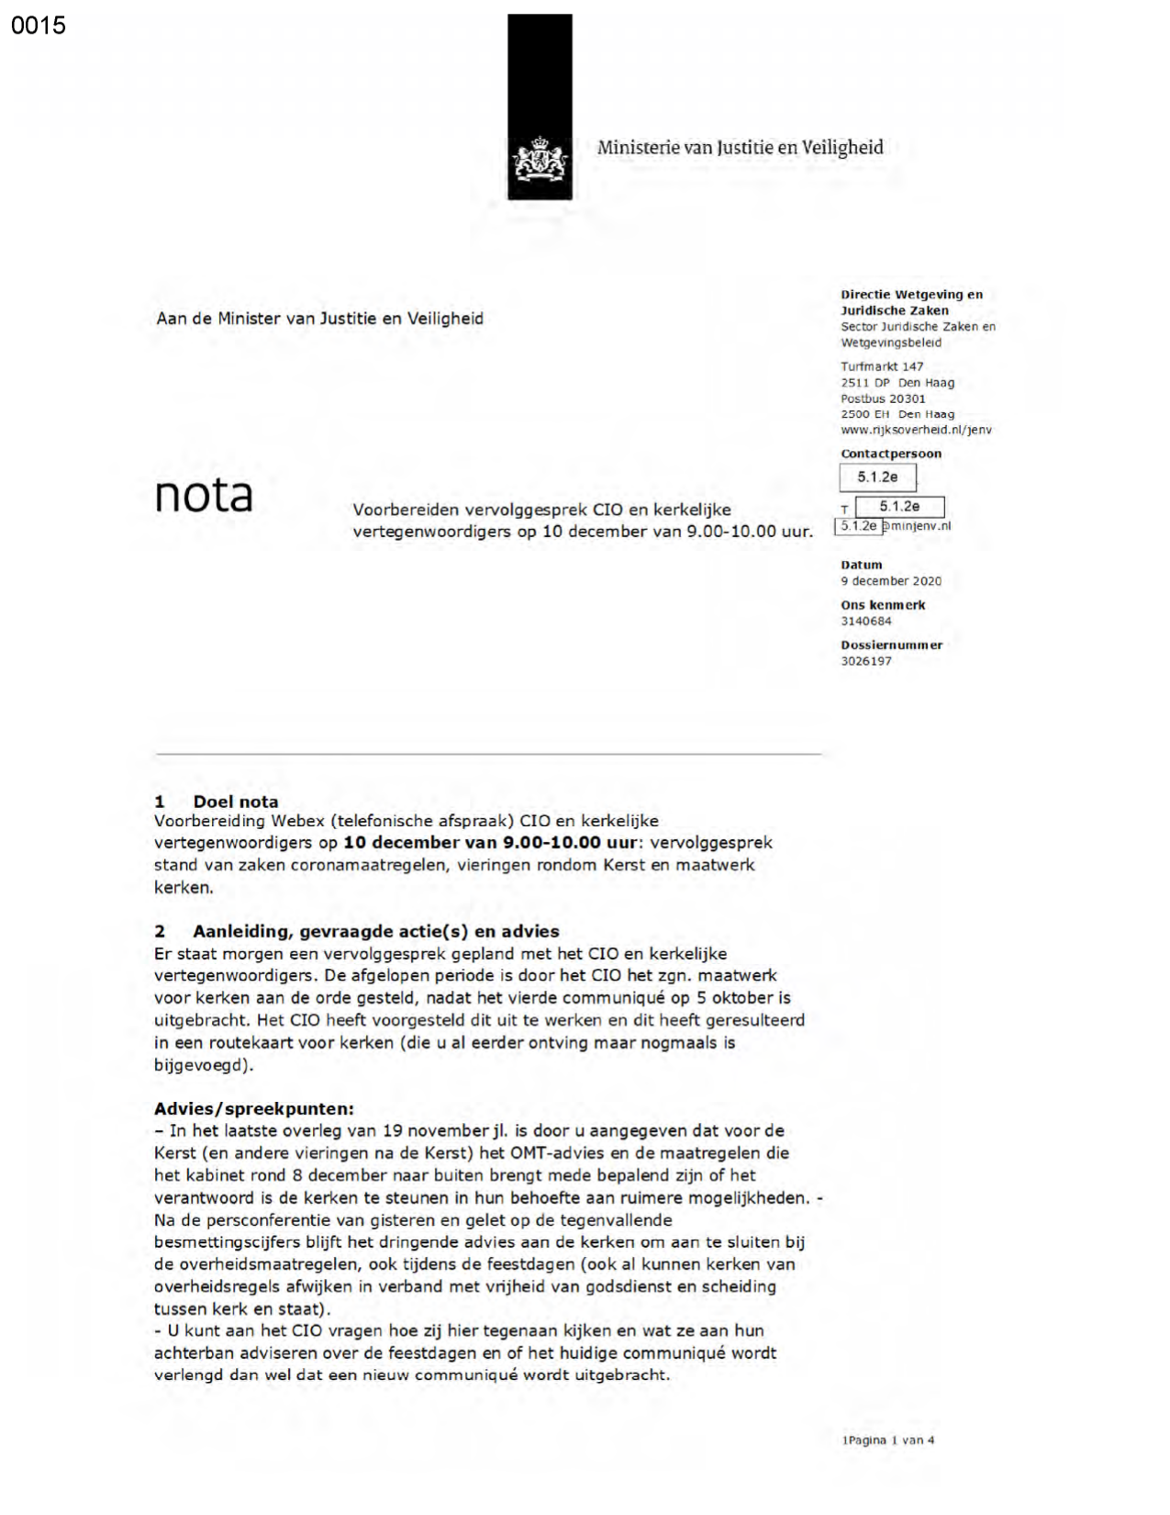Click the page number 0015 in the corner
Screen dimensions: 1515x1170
point(39,26)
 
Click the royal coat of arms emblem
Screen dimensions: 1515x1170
point(540,161)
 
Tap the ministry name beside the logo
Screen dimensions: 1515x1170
point(740,148)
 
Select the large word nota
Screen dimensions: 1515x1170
point(204,495)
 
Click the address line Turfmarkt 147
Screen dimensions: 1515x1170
point(882,366)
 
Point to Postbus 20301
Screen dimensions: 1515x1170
point(883,398)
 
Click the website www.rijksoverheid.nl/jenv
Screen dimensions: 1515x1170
point(916,430)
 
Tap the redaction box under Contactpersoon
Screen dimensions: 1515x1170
point(877,477)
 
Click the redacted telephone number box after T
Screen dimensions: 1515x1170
point(899,507)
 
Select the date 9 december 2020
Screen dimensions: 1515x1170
point(891,581)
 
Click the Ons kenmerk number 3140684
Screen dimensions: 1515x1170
point(866,622)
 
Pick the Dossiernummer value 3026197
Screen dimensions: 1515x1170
point(866,661)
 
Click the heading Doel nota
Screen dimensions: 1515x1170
point(235,802)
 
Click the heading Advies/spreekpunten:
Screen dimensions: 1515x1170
point(254,1109)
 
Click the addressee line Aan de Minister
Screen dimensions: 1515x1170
point(319,319)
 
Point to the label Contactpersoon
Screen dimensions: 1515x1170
point(891,454)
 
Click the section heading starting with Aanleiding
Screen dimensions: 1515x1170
point(375,931)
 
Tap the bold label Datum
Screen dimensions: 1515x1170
point(862,566)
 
